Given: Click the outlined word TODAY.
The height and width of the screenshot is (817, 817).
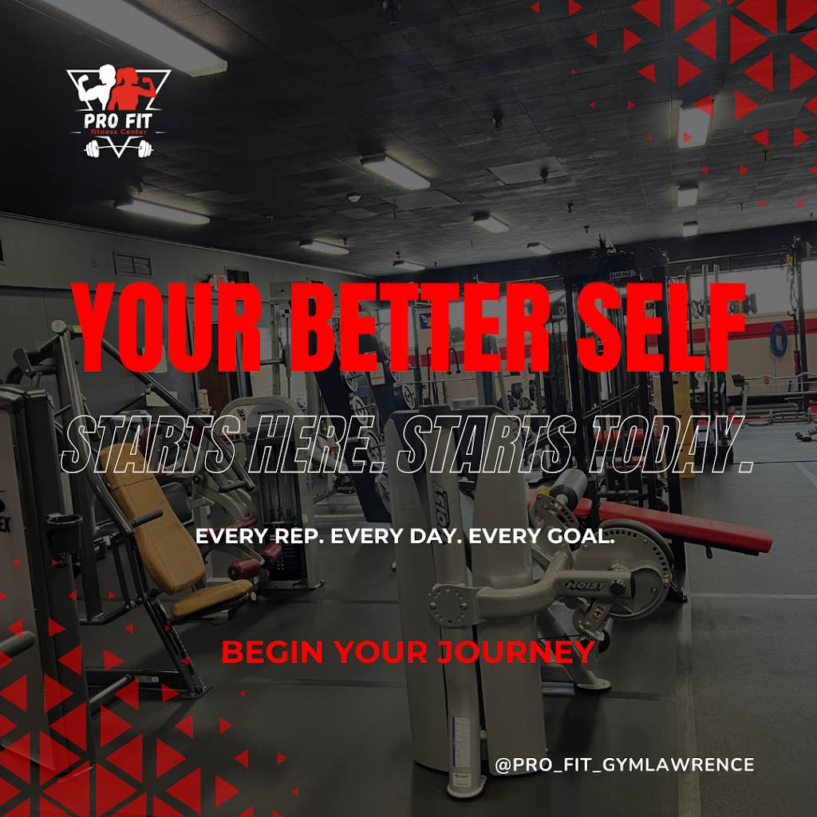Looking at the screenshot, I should pos(667,443).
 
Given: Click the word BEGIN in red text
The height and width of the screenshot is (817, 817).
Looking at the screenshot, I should pos(271,652).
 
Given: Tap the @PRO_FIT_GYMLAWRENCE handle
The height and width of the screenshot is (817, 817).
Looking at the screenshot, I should pos(624,764).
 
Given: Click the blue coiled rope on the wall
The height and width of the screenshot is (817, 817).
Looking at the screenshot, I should pos(778,339).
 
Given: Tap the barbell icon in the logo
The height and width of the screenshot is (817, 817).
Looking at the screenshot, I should pos(117,148).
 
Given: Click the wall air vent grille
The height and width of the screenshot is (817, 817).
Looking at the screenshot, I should pos(132,264).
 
